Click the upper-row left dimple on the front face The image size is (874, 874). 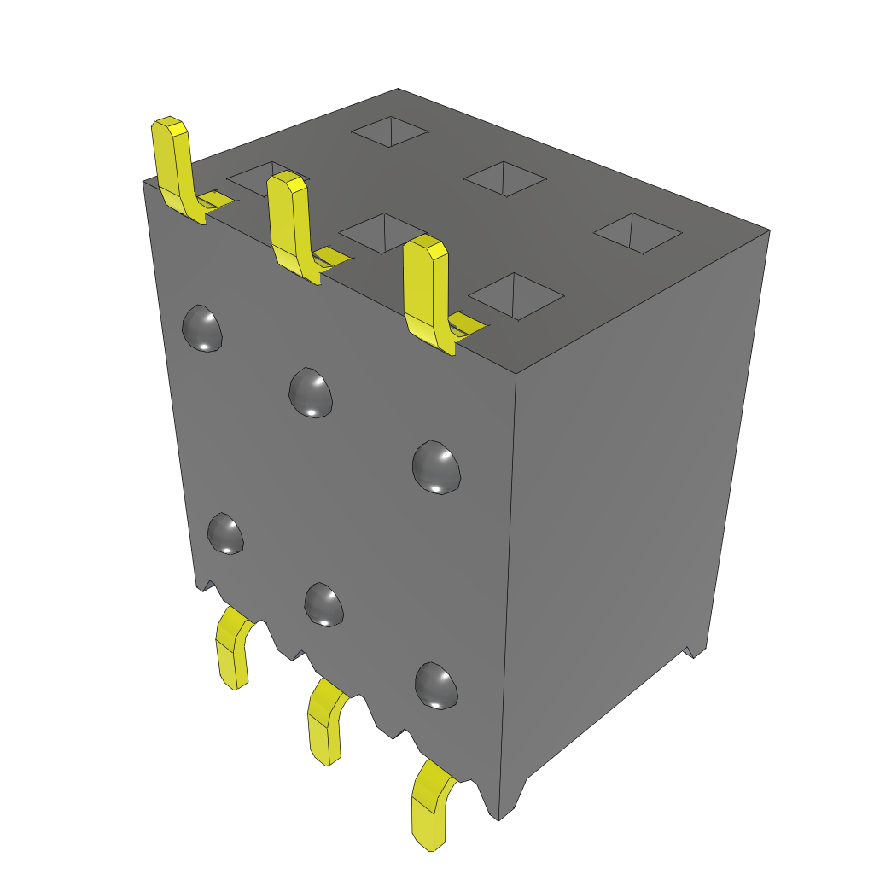point(203,329)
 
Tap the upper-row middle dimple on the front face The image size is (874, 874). point(310,392)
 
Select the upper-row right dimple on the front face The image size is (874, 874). point(435,466)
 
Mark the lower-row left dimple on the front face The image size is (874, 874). point(226,533)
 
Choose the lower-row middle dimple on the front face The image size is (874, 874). point(323,604)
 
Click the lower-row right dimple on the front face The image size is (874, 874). point(436,685)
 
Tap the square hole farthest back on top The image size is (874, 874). point(390,131)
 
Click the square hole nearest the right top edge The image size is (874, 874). point(638,233)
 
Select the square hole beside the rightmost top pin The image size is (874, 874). point(516,295)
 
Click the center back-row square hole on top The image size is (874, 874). point(504,178)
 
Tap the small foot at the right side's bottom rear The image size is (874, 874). point(695,650)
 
